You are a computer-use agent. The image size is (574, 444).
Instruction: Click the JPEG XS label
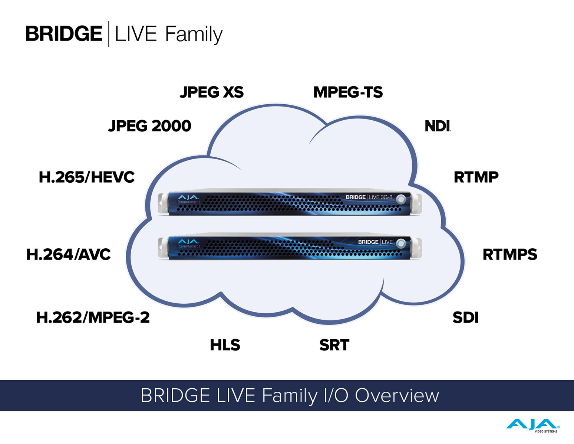point(212,92)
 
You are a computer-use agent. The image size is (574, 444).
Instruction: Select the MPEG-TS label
point(348,92)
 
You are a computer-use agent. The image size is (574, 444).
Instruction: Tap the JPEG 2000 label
point(149,126)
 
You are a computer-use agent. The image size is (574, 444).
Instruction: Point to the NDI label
point(438,126)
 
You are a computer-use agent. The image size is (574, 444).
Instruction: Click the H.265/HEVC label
point(87,177)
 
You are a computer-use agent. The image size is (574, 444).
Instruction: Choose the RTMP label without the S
point(476,177)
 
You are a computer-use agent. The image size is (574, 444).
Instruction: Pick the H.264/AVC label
point(69,254)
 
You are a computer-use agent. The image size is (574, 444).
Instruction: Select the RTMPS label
point(510,254)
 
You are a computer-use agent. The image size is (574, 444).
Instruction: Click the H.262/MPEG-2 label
point(93,317)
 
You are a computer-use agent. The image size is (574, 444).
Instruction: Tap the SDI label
point(466,317)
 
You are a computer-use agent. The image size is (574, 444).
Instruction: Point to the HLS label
point(225,345)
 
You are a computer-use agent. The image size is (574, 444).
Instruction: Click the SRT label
point(334,345)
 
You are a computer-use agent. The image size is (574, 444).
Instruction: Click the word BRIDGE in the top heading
point(64,34)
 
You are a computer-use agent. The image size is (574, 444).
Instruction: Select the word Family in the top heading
point(194,35)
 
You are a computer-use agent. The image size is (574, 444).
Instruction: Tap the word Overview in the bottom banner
point(397,395)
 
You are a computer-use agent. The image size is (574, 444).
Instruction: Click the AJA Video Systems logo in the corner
point(533,425)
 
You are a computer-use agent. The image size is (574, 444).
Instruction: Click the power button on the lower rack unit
point(401,244)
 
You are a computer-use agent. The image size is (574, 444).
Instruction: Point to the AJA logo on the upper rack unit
point(188,198)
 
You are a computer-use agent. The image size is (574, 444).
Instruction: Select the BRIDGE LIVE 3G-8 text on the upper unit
point(369,197)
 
